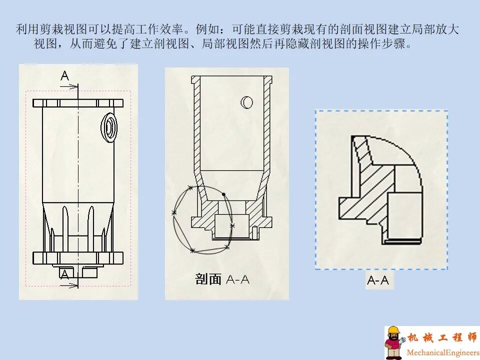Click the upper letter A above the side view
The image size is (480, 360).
pos(65,76)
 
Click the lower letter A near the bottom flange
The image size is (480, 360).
pos(64,273)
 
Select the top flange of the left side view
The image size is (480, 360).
pos(78,103)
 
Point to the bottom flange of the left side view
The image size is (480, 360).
pos(78,258)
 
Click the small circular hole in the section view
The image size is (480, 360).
pos(246,102)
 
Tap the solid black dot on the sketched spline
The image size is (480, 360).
pos(224,194)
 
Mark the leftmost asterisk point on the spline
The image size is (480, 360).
pos(174,213)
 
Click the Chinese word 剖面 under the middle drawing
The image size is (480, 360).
pos(208,279)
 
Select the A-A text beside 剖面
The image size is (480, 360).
pos(237,279)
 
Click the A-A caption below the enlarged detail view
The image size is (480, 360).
pos(378,280)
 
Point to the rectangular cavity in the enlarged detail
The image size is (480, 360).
pos(404,212)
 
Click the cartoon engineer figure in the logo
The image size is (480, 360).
pos(394,342)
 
